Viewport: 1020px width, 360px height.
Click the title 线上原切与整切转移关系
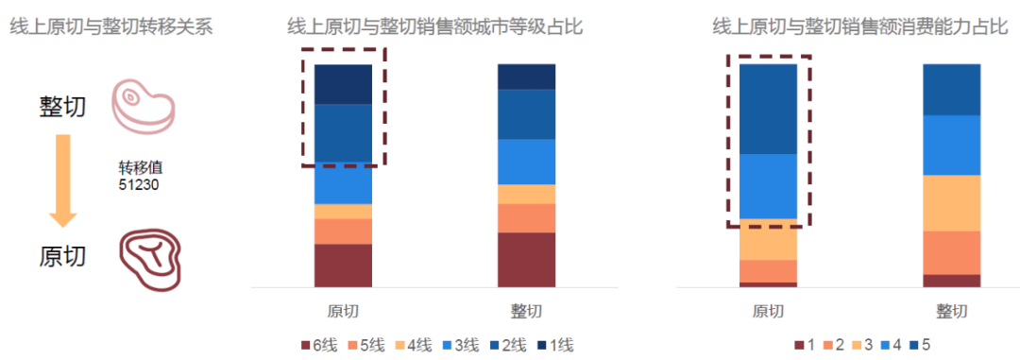[110, 26]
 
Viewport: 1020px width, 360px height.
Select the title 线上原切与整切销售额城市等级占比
[435, 26]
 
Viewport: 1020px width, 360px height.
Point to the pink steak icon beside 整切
[144, 104]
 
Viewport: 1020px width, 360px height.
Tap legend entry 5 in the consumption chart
[925, 345]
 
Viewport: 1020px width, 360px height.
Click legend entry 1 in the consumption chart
[804, 345]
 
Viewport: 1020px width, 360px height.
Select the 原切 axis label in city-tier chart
[343, 311]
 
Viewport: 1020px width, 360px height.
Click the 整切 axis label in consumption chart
[951, 311]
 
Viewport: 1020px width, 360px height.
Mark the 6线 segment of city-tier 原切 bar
[343, 265]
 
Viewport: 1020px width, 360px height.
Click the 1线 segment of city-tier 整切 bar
[526, 77]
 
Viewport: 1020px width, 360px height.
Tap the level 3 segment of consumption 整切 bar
[951, 203]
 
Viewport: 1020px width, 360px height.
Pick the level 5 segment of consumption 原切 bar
[768, 109]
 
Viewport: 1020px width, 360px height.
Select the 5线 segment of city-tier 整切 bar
[526, 218]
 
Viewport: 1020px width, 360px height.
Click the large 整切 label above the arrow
[63, 106]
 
